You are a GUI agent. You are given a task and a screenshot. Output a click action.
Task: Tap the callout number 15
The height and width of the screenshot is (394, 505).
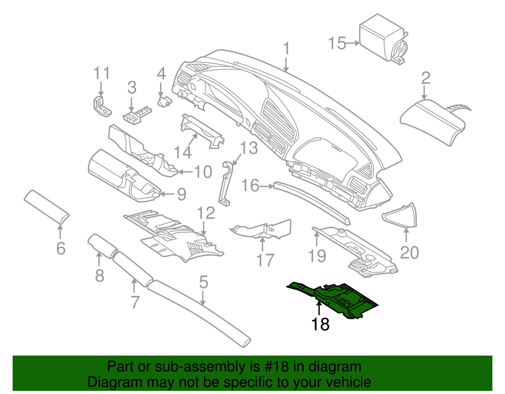click(x=337, y=43)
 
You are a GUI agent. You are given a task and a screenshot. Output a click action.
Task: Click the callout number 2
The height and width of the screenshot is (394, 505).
click(x=425, y=78)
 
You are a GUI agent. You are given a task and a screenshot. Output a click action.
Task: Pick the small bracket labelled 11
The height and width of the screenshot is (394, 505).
click(x=102, y=106)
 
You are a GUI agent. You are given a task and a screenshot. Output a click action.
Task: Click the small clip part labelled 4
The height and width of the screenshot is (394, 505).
click(x=164, y=102)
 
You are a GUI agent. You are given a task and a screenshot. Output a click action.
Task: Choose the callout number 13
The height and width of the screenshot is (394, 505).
click(x=249, y=148)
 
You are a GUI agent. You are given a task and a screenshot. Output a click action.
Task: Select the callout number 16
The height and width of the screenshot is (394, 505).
click(x=250, y=185)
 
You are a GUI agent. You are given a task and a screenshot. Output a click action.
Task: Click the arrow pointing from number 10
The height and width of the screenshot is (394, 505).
click(x=186, y=172)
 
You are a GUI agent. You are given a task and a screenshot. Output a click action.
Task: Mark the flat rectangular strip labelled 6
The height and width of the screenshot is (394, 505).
click(x=47, y=207)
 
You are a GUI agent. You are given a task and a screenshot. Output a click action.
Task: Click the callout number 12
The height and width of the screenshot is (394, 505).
click(x=206, y=213)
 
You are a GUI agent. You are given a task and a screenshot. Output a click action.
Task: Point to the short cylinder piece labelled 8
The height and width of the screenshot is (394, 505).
click(x=100, y=246)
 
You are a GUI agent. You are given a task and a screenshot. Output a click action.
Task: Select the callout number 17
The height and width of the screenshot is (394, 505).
click(x=265, y=260)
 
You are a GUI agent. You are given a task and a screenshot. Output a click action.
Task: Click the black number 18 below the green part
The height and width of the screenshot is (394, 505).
click(x=320, y=324)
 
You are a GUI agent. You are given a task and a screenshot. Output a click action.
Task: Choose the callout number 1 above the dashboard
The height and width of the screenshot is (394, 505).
click(x=286, y=49)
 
